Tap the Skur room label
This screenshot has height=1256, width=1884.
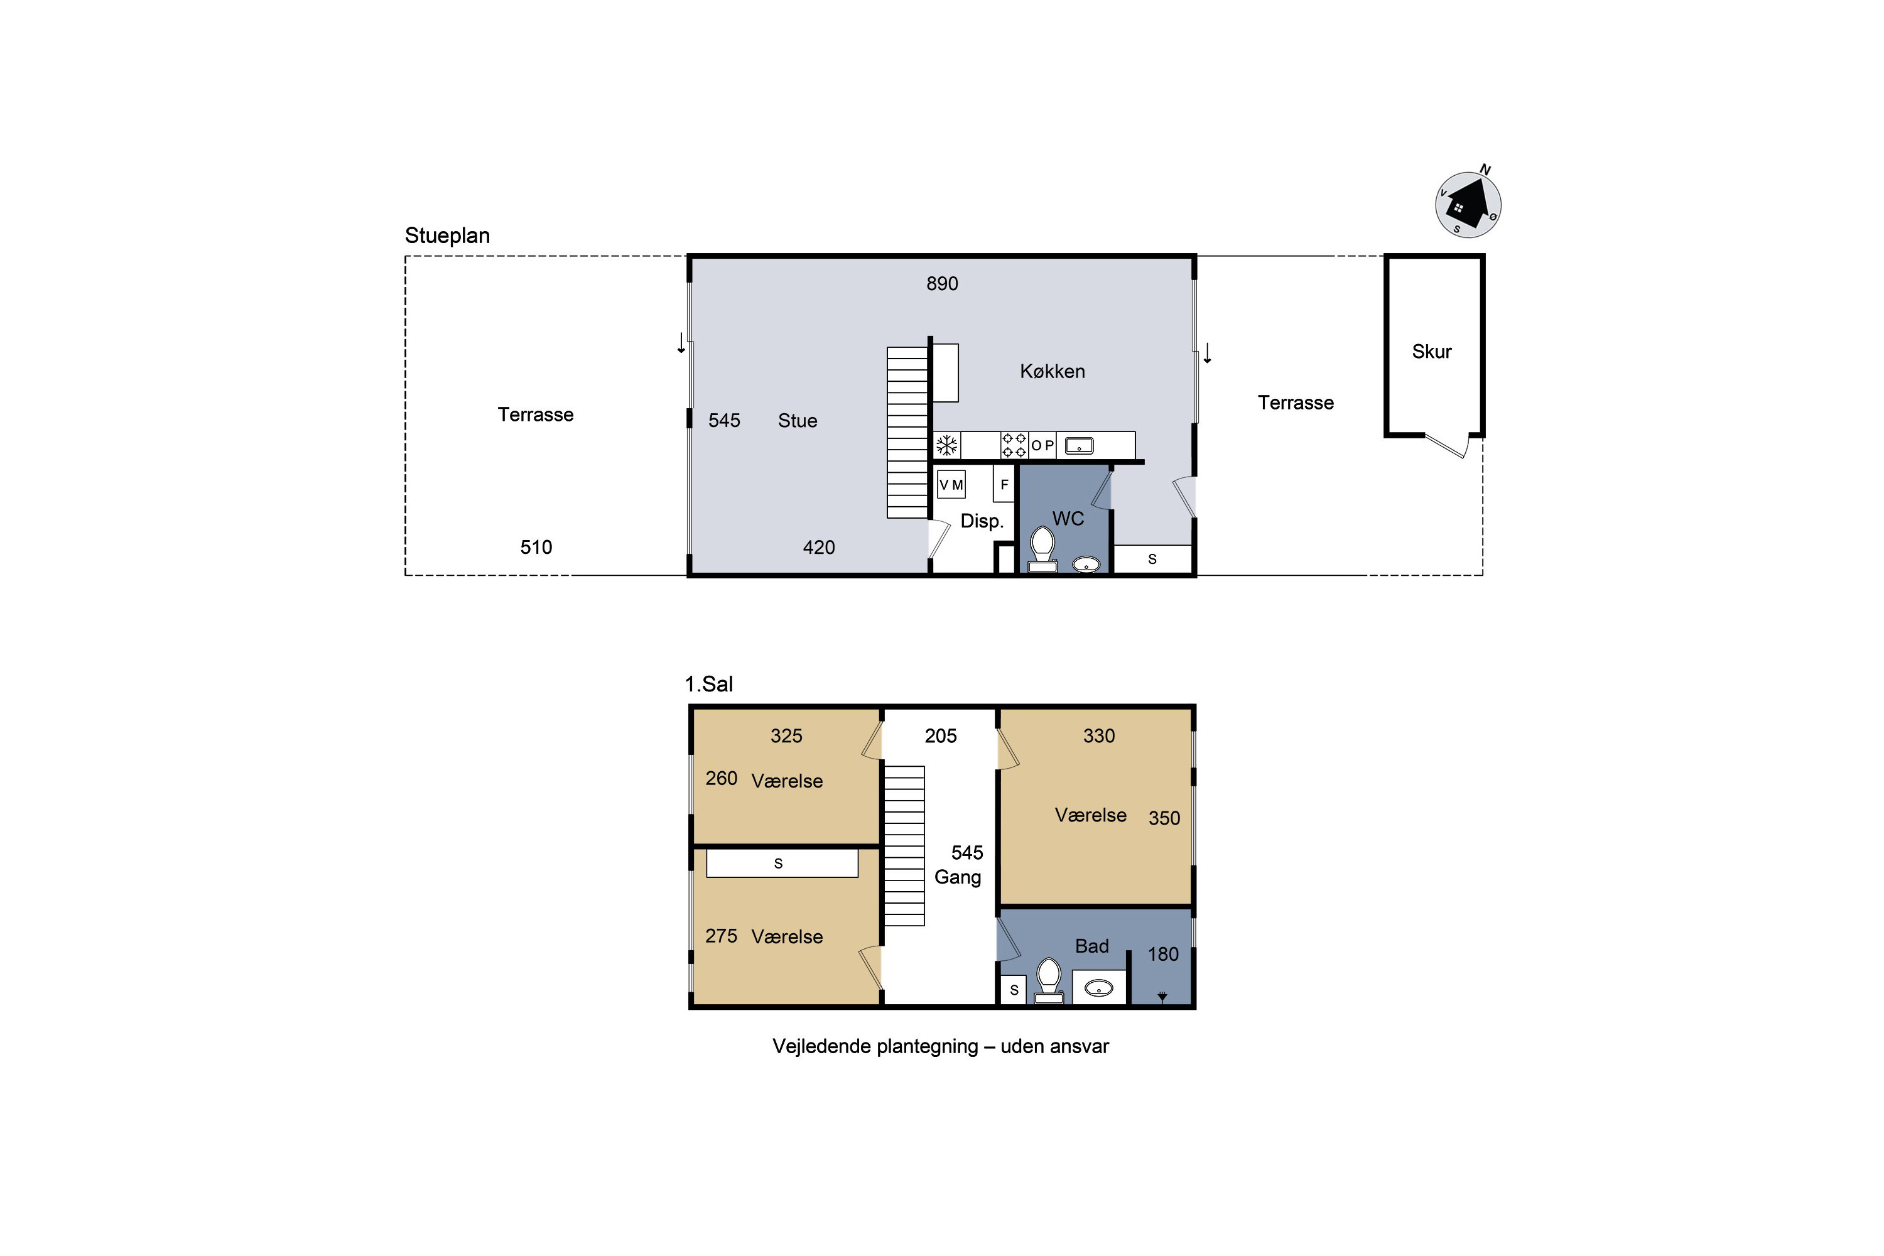point(1431,352)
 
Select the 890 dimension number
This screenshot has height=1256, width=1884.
point(942,284)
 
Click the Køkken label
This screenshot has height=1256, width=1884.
point(1053,372)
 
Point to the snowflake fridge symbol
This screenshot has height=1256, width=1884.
point(948,445)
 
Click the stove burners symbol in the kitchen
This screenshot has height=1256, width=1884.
point(1014,445)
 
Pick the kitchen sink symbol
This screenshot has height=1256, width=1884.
point(1079,445)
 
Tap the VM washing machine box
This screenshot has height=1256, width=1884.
point(951,485)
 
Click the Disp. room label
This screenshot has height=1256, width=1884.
point(982,521)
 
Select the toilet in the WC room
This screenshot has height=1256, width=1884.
point(1042,549)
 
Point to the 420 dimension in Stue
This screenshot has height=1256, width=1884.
point(819,547)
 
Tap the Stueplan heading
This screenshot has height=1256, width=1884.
point(447,235)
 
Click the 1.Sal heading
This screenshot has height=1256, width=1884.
point(709,684)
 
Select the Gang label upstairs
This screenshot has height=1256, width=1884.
point(958,877)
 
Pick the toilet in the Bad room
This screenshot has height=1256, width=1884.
point(1049,980)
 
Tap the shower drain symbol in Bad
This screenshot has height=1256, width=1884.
point(1162,997)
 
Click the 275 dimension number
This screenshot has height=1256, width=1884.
point(721,936)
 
